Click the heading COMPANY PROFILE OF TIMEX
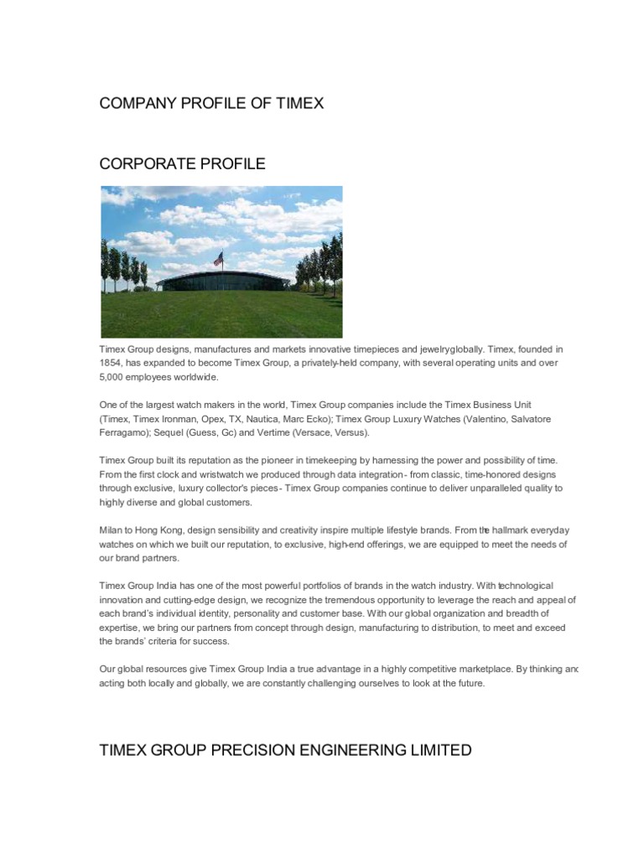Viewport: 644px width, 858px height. [211, 104]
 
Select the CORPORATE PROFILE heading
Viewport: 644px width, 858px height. [182, 164]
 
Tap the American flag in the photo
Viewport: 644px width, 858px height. [219, 259]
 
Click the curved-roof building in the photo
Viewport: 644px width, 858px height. [225, 282]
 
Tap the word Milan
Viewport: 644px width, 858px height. [112, 530]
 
